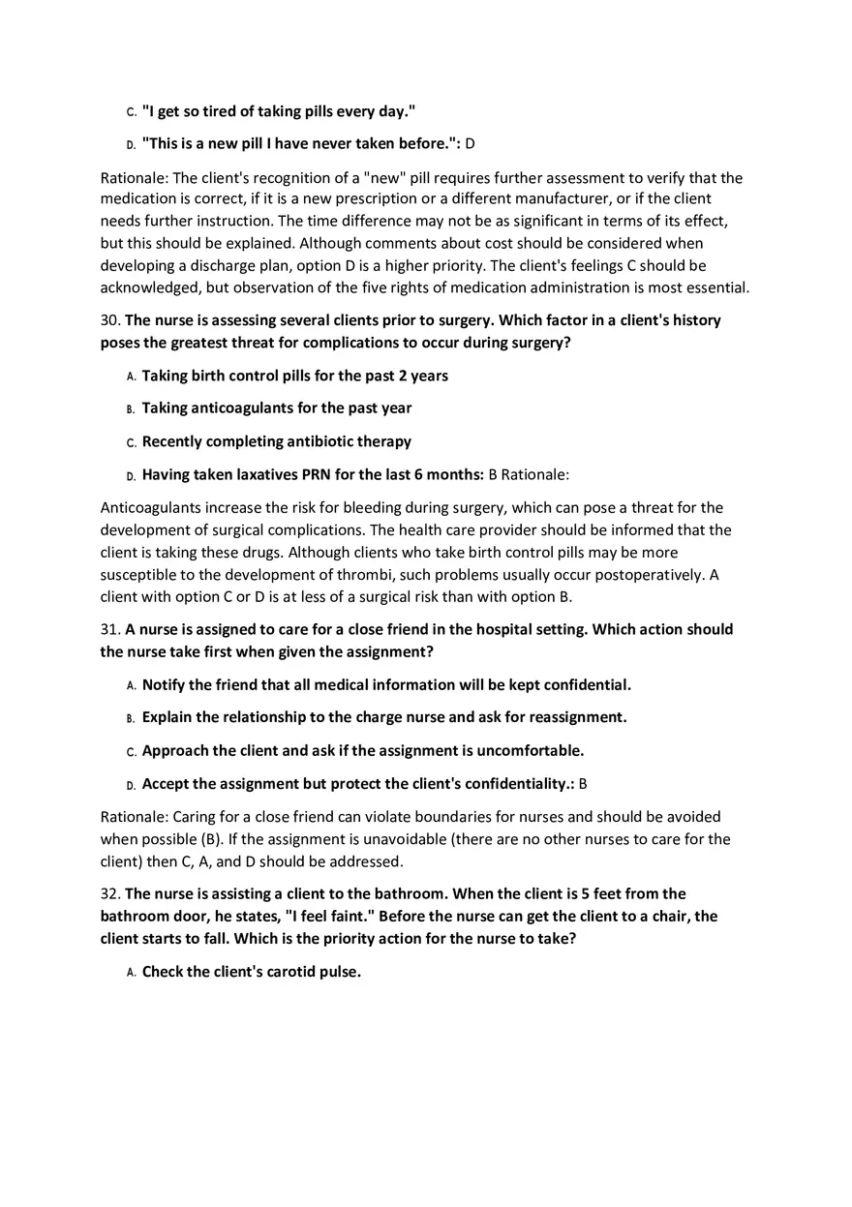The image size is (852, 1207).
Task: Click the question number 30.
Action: tap(109, 320)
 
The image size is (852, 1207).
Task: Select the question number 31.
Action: tap(109, 629)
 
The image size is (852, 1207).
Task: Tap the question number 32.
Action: tap(109, 893)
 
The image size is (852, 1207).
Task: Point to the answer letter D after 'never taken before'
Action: tap(470, 144)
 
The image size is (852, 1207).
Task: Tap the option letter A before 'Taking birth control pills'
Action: tap(131, 377)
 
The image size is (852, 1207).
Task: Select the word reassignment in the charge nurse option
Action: tap(577, 717)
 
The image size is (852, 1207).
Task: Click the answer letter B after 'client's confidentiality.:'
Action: tap(583, 783)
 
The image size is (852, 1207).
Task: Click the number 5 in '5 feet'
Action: tap(585, 893)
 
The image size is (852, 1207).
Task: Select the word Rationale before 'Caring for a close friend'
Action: tap(134, 817)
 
